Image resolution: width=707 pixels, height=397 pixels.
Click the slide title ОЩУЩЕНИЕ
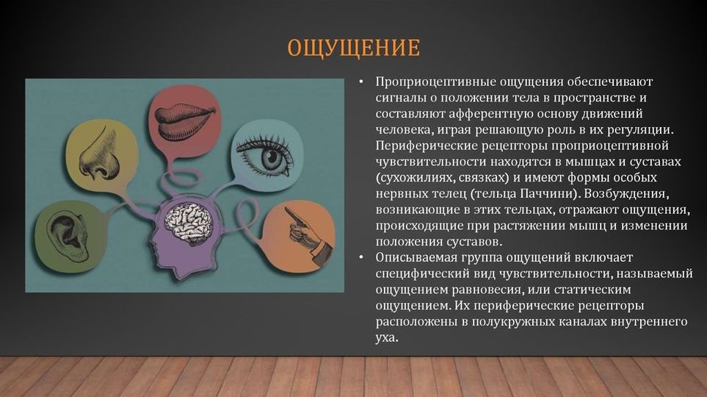click(354, 48)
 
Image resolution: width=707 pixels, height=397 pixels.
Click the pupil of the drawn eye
click(271, 157)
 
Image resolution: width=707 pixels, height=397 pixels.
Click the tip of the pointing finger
click(286, 209)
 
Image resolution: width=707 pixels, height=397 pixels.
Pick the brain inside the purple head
click(189, 222)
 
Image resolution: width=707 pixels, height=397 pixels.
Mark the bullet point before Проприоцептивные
click(362, 82)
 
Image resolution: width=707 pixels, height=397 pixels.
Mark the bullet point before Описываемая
click(362, 257)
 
